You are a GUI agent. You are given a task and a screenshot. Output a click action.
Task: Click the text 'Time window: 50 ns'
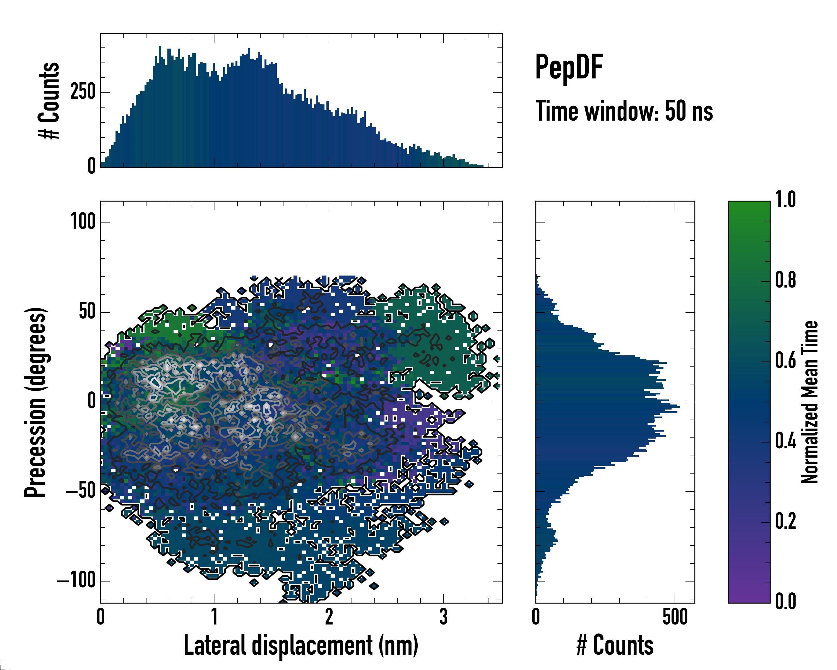point(624,111)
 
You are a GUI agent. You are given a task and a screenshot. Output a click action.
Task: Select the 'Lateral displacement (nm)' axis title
point(301,645)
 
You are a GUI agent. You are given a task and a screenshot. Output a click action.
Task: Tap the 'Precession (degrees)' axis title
point(36,402)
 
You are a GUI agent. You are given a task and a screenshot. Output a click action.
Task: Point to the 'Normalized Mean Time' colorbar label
point(809,402)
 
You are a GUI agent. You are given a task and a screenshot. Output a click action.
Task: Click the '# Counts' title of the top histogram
point(49,100)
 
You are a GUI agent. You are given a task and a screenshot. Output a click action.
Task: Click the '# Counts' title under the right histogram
point(615,645)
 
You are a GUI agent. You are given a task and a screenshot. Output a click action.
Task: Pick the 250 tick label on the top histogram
point(83,92)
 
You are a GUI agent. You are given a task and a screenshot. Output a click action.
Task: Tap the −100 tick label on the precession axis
point(76,581)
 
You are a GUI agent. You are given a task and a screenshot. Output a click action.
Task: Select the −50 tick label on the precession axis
point(80,491)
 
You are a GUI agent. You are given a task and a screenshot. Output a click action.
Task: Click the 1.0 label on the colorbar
point(785,200)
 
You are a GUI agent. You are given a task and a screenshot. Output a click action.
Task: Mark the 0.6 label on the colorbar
point(785,361)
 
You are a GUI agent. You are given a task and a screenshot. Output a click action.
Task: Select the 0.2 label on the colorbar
point(785,521)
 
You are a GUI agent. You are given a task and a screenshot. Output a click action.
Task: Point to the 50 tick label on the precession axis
point(87,312)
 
